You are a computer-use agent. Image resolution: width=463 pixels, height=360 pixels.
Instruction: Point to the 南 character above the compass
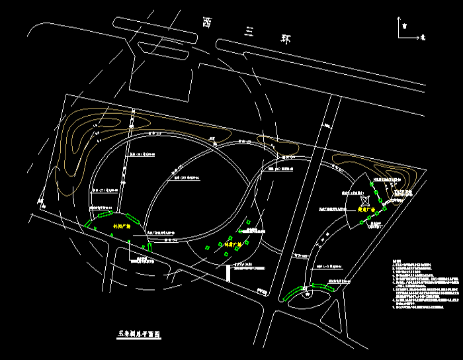[403, 26]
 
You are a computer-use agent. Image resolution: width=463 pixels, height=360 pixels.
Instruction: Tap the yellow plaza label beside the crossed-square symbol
[366, 208]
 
